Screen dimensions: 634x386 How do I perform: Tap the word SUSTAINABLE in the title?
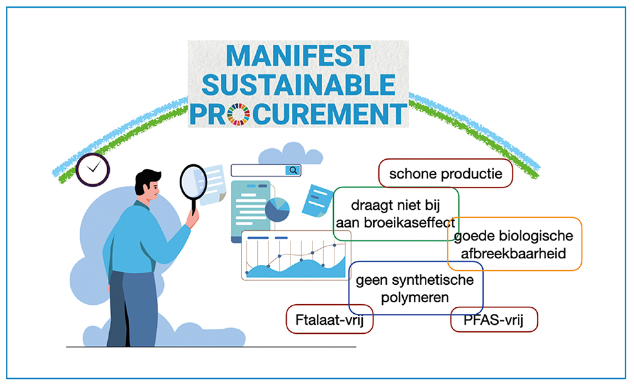click(298, 85)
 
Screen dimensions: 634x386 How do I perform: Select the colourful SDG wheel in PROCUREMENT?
click(239, 114)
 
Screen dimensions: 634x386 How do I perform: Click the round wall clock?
click(92, 169)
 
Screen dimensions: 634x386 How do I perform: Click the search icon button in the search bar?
click(292, 170)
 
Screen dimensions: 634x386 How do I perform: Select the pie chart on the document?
click(278, 209)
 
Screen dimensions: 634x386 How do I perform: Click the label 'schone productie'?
click(445, 173)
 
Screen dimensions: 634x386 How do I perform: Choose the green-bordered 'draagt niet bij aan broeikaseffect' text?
click(395, 214)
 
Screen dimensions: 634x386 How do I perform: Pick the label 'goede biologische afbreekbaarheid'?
click(514, 244)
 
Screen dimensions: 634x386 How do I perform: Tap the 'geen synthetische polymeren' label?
click(415, 288)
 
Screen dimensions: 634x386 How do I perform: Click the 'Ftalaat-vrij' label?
click(329, 320)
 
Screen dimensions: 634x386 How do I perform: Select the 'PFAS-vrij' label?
click(494, 320)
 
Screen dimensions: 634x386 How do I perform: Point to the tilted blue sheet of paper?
click(318, 200)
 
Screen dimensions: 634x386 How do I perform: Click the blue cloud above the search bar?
click(291, 153)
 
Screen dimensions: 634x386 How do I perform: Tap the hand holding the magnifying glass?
click(192, 218)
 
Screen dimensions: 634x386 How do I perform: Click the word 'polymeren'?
click(415, 298)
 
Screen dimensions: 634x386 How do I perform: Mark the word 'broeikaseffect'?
click(415, 222)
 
